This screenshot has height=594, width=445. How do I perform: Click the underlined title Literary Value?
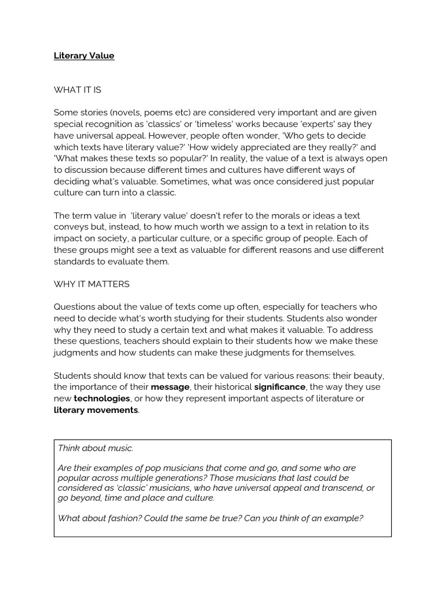(84, 56)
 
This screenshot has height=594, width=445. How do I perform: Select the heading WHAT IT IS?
(77, 90)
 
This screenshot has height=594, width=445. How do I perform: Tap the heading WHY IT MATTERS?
(92, 284)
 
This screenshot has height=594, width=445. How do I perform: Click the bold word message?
(170, 387)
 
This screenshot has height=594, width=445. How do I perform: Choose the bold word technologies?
(101, 399)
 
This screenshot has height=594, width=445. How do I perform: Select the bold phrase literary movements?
(96, 410)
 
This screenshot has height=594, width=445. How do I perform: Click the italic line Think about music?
(96, 448)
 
